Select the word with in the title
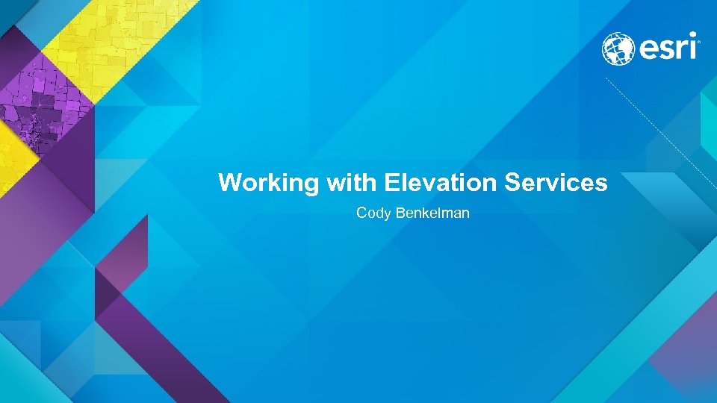(352, 182)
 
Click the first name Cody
(371, 213)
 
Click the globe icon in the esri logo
(618, 49)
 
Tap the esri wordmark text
(666, 49)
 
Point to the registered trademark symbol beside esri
(698, 43)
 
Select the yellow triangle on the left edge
(13, 160)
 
